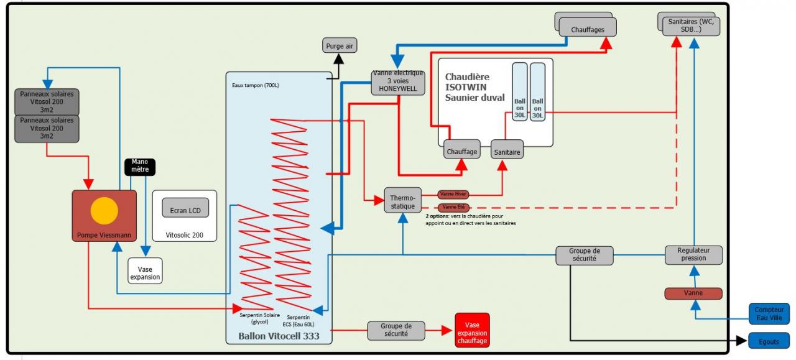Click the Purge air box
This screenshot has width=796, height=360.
(340, 45)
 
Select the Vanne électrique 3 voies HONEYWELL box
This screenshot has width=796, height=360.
(398, 82)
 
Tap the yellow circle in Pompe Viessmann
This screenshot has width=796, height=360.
(104, 210)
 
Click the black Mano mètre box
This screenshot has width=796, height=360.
(140, 166)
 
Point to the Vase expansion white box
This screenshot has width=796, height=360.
(145, 270)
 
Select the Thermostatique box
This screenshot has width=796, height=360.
(402, 200)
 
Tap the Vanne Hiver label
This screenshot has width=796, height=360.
(453, 194)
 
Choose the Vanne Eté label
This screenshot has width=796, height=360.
(453, 207)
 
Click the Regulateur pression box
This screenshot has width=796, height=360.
(693, 254)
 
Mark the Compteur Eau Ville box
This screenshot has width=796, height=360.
(769, 313)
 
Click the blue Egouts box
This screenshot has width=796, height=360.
(769, 341)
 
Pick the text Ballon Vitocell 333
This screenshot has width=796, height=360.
(279, 336)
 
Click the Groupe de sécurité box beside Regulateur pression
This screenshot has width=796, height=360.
(583, 256)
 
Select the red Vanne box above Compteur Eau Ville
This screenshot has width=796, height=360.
(693, 293)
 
